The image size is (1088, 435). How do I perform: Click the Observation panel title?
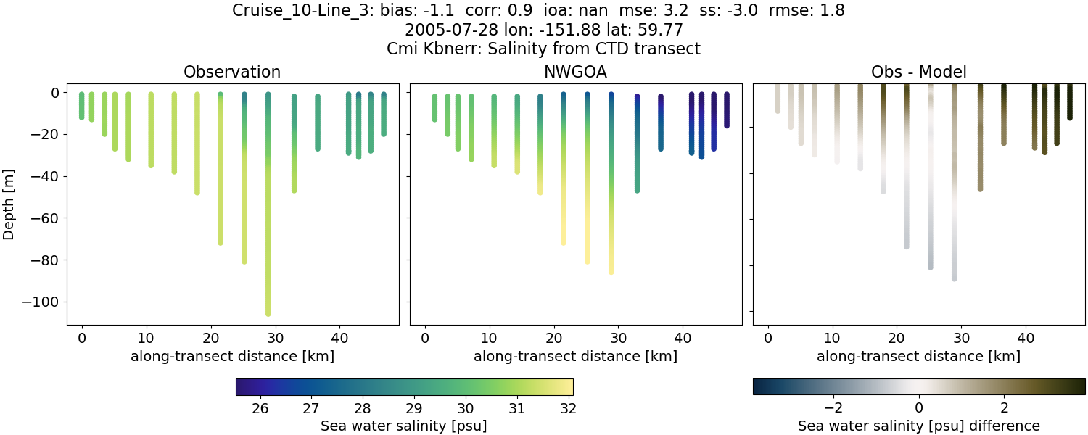pyautogui.click(x=232, y=72)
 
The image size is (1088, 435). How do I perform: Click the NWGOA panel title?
pyautogui.click(x=575, y=72)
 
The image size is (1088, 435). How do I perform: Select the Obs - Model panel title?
pyautogui.click(x=918, y=72)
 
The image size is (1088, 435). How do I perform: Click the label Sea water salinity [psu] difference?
pyautogui.click(x=918, y=426)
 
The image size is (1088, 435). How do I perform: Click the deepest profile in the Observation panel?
pyautogui.click(x=268, y=203)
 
